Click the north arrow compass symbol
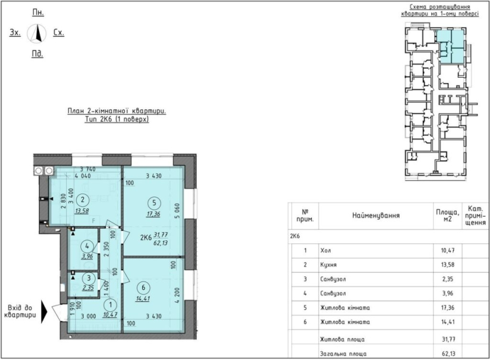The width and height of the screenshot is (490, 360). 37,33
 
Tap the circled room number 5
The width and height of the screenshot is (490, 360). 154,203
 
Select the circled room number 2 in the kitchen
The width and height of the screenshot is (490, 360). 83,200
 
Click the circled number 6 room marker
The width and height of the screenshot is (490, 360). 143,287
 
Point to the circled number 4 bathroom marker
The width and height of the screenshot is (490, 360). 87,246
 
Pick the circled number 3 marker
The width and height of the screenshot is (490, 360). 89,278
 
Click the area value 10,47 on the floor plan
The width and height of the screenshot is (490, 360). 110,315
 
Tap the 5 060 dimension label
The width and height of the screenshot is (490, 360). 177,211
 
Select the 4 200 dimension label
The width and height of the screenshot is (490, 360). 177,295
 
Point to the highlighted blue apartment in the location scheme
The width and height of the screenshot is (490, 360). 450,46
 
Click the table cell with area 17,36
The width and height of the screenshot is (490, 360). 448,308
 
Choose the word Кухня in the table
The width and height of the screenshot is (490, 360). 328,265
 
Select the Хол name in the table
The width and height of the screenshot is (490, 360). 325,251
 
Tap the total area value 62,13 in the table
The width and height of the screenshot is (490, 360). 448,353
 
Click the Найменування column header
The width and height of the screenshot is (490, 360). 376,216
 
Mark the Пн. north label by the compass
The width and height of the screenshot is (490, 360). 38,12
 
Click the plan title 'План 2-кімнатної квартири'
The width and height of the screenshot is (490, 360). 117,111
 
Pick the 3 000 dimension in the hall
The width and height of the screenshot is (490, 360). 89,316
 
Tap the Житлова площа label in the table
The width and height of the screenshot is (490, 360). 342,339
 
